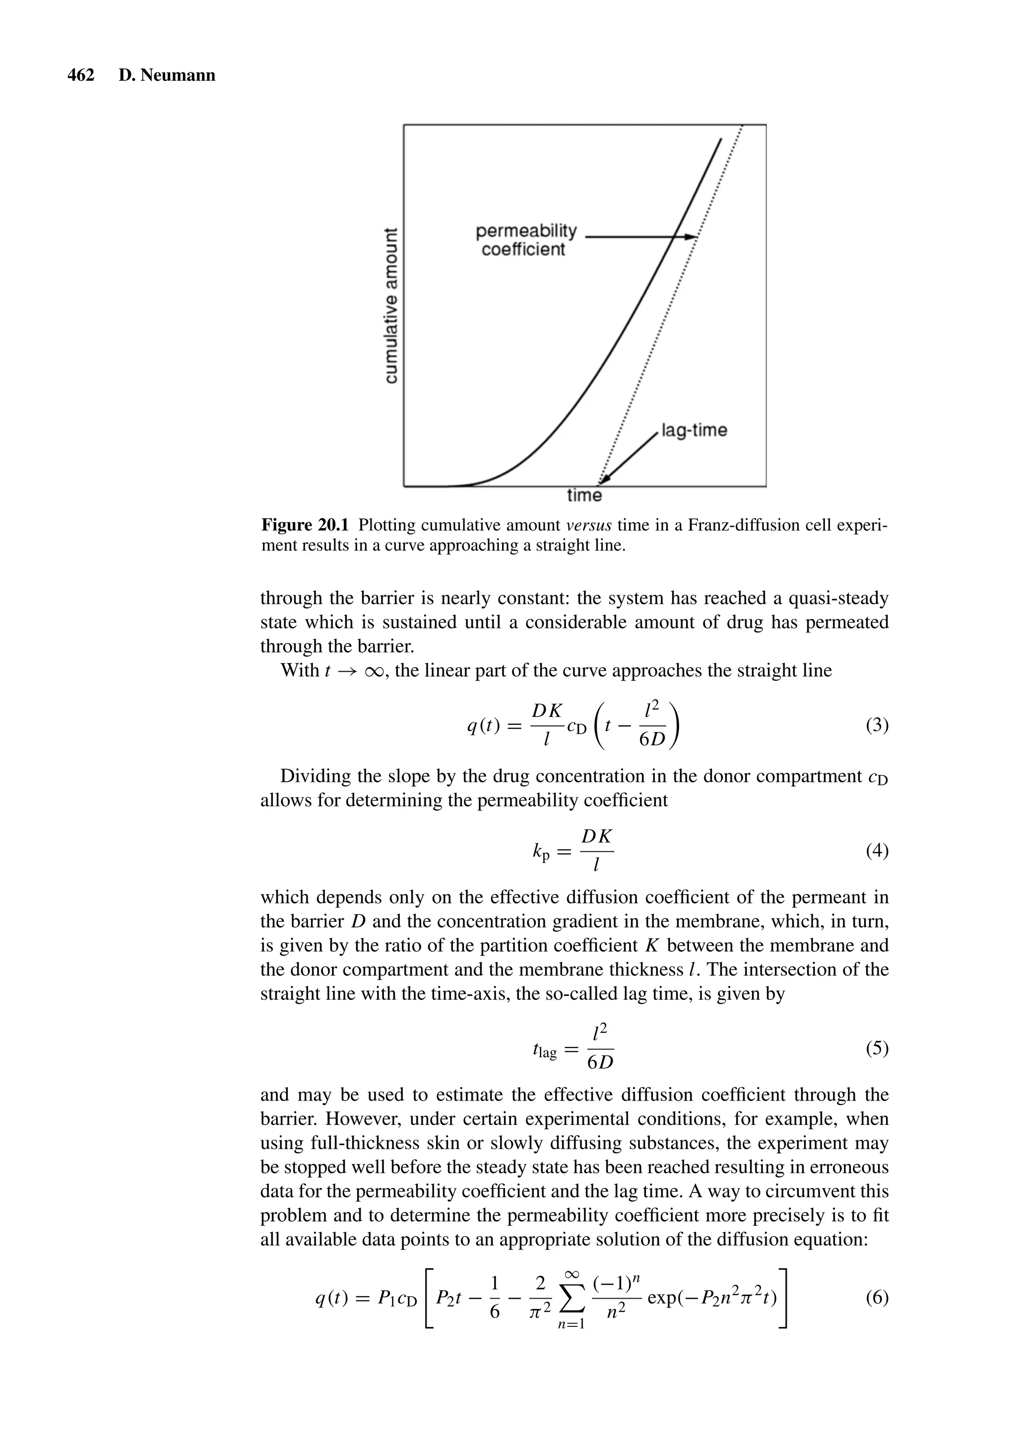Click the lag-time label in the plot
pyautogui.click(x=694, y=430)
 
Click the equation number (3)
pyautogui.click(x=877, y=725)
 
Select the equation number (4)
pyautogui.click(x=877, y=851)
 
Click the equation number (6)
pyautogui.click(x=877, y=1299)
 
